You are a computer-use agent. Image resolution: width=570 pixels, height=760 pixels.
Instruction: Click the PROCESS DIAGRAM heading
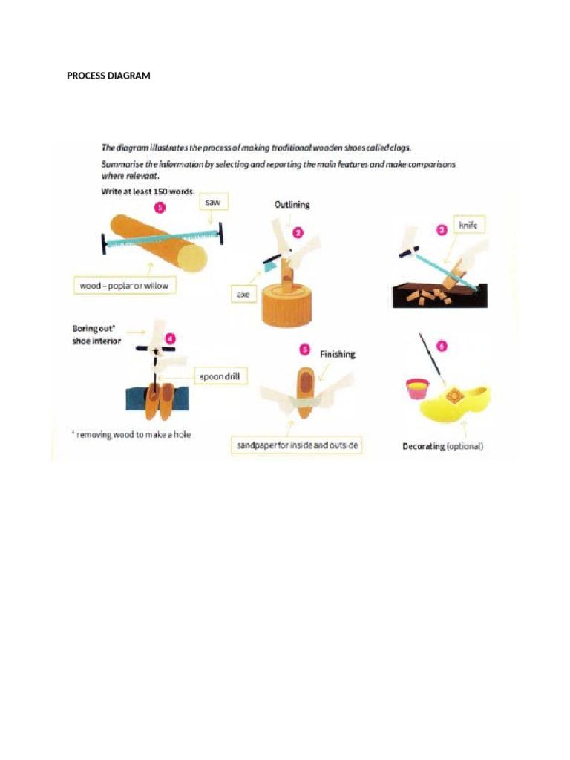coord(108,76)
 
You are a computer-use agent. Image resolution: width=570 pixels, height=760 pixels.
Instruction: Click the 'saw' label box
coord(213,202)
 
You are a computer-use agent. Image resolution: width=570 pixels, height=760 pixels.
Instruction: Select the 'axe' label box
coord(243,295)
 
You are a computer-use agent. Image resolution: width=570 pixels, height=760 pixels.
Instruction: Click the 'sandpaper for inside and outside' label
coord(296,445)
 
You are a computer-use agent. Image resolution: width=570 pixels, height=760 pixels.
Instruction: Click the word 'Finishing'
coord(338,355)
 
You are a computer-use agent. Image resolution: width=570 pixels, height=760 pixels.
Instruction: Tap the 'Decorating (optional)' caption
coord(442,446)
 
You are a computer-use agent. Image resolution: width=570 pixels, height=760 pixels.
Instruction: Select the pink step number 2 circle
coord(298,232)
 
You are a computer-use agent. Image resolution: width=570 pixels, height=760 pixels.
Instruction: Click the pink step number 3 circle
coord(441,230)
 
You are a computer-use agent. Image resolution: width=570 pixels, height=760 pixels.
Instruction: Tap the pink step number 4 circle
coord(170,339)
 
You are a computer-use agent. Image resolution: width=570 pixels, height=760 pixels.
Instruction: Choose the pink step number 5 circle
coord(304,349)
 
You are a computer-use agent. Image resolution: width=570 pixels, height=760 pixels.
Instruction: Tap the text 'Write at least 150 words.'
coord(148,191)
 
